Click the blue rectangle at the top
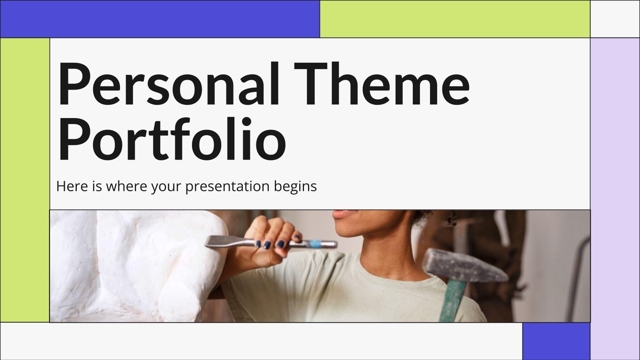(160, 19)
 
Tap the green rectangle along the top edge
(455, 19)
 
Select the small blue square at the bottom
(556, 341)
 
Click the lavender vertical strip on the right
(615, 200)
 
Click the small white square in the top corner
(615, 19)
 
